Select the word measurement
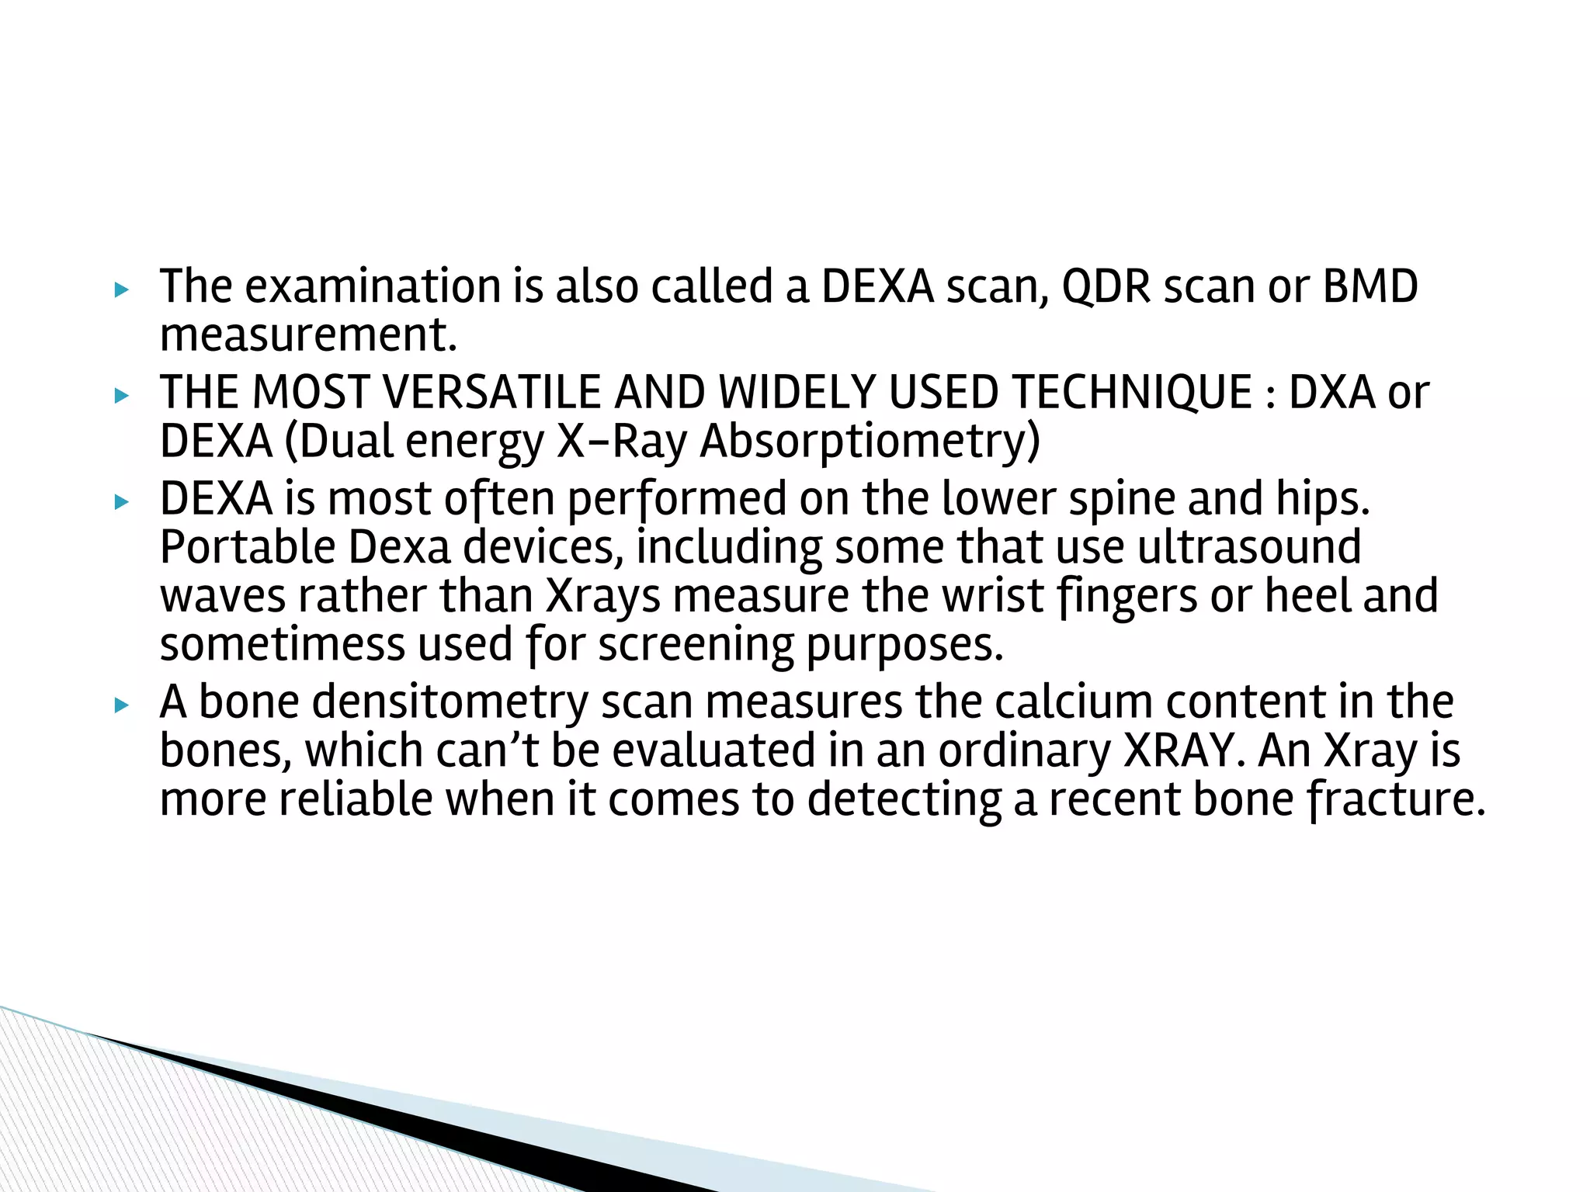point(307,335)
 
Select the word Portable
point(247,547)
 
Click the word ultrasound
point(1249,547)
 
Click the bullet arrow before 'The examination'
point(120,290)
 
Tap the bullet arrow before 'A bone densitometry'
point(120,705)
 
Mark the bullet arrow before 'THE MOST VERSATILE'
point(120,396)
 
